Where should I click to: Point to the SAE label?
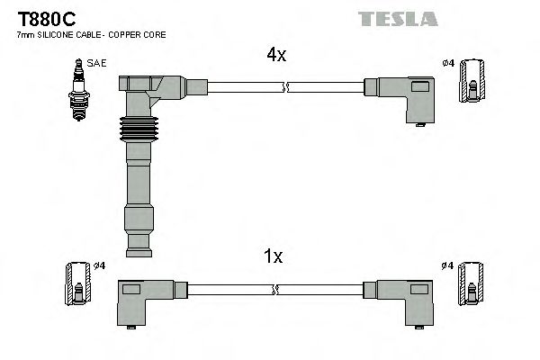point(95,64)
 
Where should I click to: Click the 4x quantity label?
point(275,55)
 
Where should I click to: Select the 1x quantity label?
point(274,256)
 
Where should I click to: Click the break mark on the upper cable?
point(284,87)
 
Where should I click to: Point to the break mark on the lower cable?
point(276,290)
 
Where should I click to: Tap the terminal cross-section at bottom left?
point(78,283)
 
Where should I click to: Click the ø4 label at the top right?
point(448,62)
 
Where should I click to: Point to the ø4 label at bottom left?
point(100,265)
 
